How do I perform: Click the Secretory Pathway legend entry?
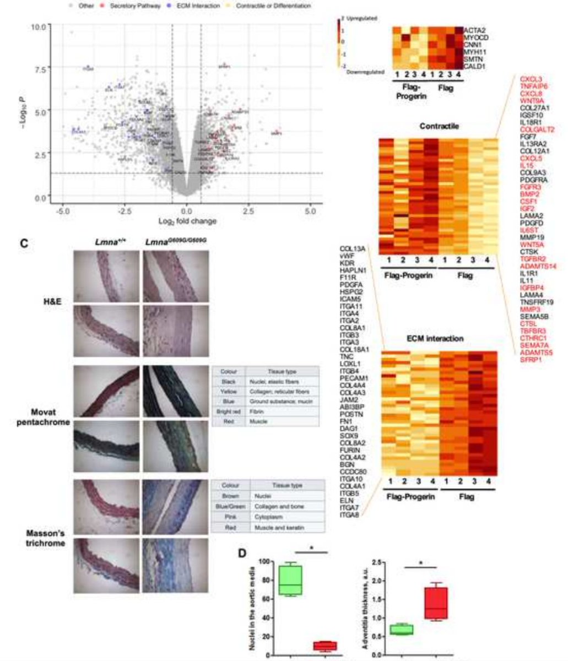point(142,6)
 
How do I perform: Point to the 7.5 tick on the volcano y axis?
point(38,69)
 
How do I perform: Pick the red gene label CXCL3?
point(531,79)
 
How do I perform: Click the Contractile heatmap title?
point(438,126)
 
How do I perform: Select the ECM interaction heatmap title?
point(438,338)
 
